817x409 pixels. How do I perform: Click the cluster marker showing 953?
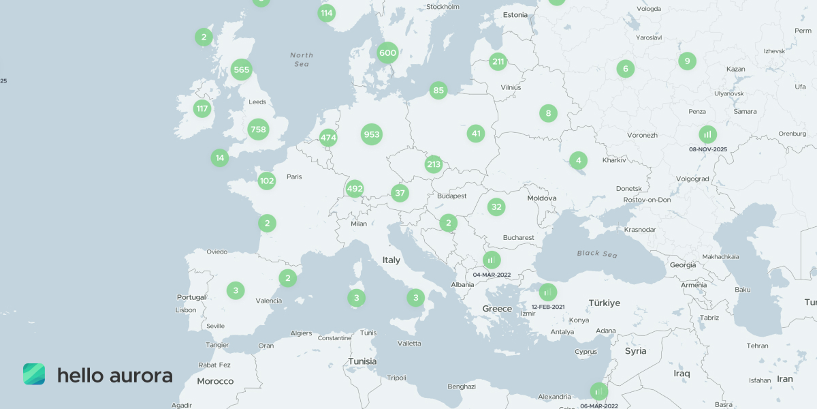[371, 134]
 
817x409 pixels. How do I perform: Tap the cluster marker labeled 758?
[258, 129]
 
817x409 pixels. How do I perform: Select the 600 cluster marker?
[387, 52]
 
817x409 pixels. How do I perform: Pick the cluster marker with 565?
[241, 70]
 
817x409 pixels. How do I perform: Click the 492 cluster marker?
[355, 188]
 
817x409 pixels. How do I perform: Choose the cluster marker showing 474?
[328, 138]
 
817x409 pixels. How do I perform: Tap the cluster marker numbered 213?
[434, 164]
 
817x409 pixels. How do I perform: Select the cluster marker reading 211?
[498, 62]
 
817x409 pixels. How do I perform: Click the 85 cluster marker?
[438, 90]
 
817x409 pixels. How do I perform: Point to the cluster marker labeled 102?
[267, 181]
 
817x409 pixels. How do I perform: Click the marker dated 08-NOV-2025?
[708, 134]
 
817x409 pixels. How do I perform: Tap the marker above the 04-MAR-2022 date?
[492, 260]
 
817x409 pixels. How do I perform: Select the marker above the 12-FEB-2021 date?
[548, 292]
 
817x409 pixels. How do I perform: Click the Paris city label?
[294, 177]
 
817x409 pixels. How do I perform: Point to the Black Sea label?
[597, 254]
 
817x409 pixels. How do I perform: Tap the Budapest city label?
[452, 196]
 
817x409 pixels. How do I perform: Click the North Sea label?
[302, 59]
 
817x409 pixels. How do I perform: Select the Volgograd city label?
[692, 179]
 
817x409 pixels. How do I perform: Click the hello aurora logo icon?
[34, 374]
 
